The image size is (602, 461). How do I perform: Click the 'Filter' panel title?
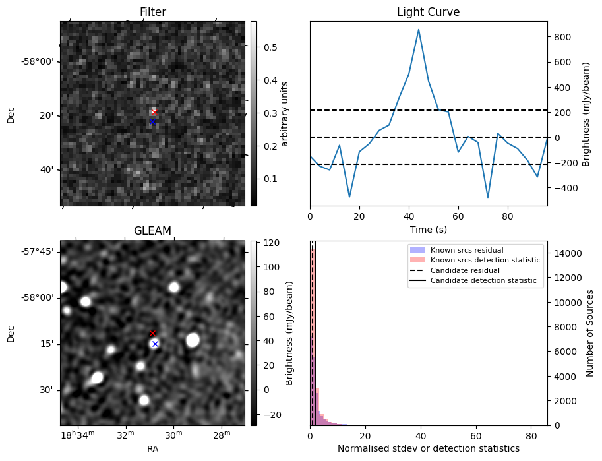(x=152, y=12)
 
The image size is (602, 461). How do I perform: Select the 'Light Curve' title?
(x=428, y=12)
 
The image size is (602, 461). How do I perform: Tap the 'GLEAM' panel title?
(x=152, y=231)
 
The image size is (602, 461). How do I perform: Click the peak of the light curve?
(x=418, y=30)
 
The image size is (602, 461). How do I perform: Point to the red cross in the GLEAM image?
(x=152, y=334)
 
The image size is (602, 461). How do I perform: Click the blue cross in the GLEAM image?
(x=155, y=344)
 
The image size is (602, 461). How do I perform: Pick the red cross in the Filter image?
(x=154, y=112)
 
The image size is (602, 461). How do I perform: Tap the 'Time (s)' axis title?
(x=428, y=228)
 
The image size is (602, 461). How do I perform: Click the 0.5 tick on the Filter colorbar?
(x=270, y=47)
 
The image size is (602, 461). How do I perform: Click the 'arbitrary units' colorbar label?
(x=286, y=113)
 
